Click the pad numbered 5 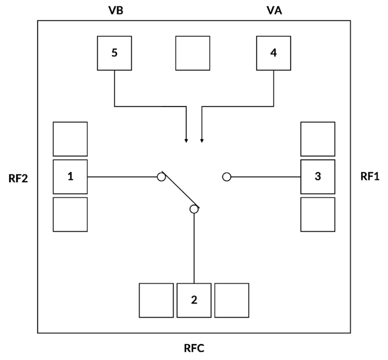(x=114, y=53)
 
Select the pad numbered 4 (x=273, y=53)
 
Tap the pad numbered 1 (x=70, y=177)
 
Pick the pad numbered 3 (x=318, y=177)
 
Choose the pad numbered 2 (x=194, y=300)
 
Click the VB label (x=116, y=11)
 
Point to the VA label (x=274, y=11)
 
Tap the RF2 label (x=19, y=178)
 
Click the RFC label (x=194, y=348)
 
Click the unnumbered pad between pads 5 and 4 (x=193, y=53)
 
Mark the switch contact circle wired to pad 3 (x=227, y=177)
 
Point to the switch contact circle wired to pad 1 (x=161, y=177)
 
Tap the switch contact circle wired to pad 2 (x=194, y=209)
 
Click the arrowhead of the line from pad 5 (x=186, y=141)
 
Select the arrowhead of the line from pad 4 (x=202, y=141)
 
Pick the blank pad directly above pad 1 (x=70, y=139)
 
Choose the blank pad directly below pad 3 (x=318, y=215)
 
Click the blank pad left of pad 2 (x=156, y=300)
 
